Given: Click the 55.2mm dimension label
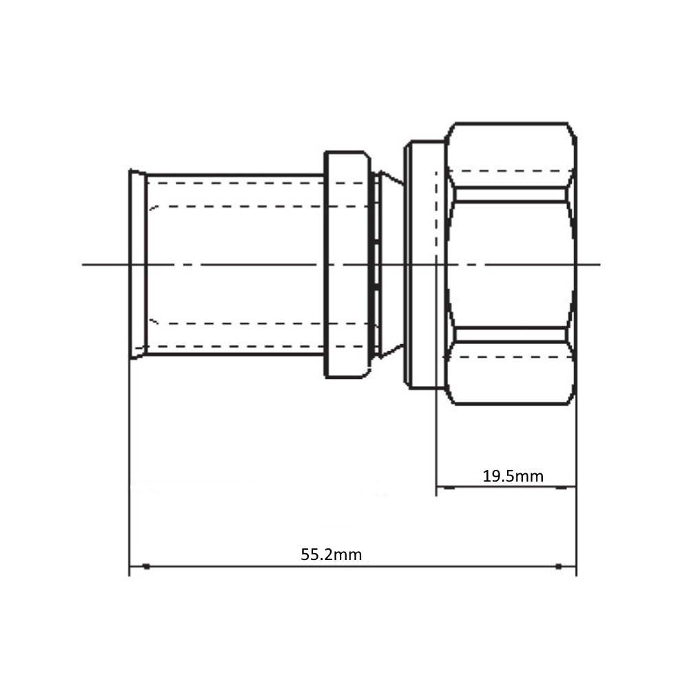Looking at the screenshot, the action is coord(332,555).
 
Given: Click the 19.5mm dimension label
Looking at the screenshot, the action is coord(513,476).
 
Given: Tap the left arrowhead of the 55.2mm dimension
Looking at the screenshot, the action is coord(147,566).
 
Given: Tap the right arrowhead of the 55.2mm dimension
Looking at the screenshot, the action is coord(559,566).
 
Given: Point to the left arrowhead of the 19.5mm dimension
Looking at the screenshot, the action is coord(449,487).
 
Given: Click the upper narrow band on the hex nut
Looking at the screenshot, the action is coord(510,195).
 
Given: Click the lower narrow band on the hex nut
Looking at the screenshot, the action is coord(510,335).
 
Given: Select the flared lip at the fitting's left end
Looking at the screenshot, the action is coord(138,264).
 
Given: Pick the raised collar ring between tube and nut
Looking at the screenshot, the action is coord(347,264).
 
